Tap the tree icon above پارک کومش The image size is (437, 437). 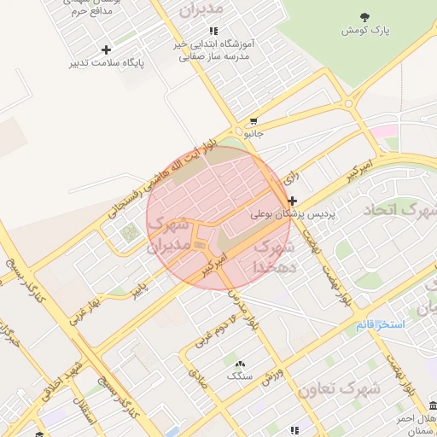click(365, 16)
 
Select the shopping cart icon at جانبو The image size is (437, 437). click(253, 121)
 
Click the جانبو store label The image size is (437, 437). click(254, 134)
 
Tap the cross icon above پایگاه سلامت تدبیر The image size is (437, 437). click(106, 50)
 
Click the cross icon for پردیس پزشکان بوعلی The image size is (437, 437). click(292, 201)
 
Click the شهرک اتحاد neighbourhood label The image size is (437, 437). click(399, 209)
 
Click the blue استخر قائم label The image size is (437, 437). click(382, 325)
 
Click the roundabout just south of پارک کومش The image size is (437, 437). click(349, 103)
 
